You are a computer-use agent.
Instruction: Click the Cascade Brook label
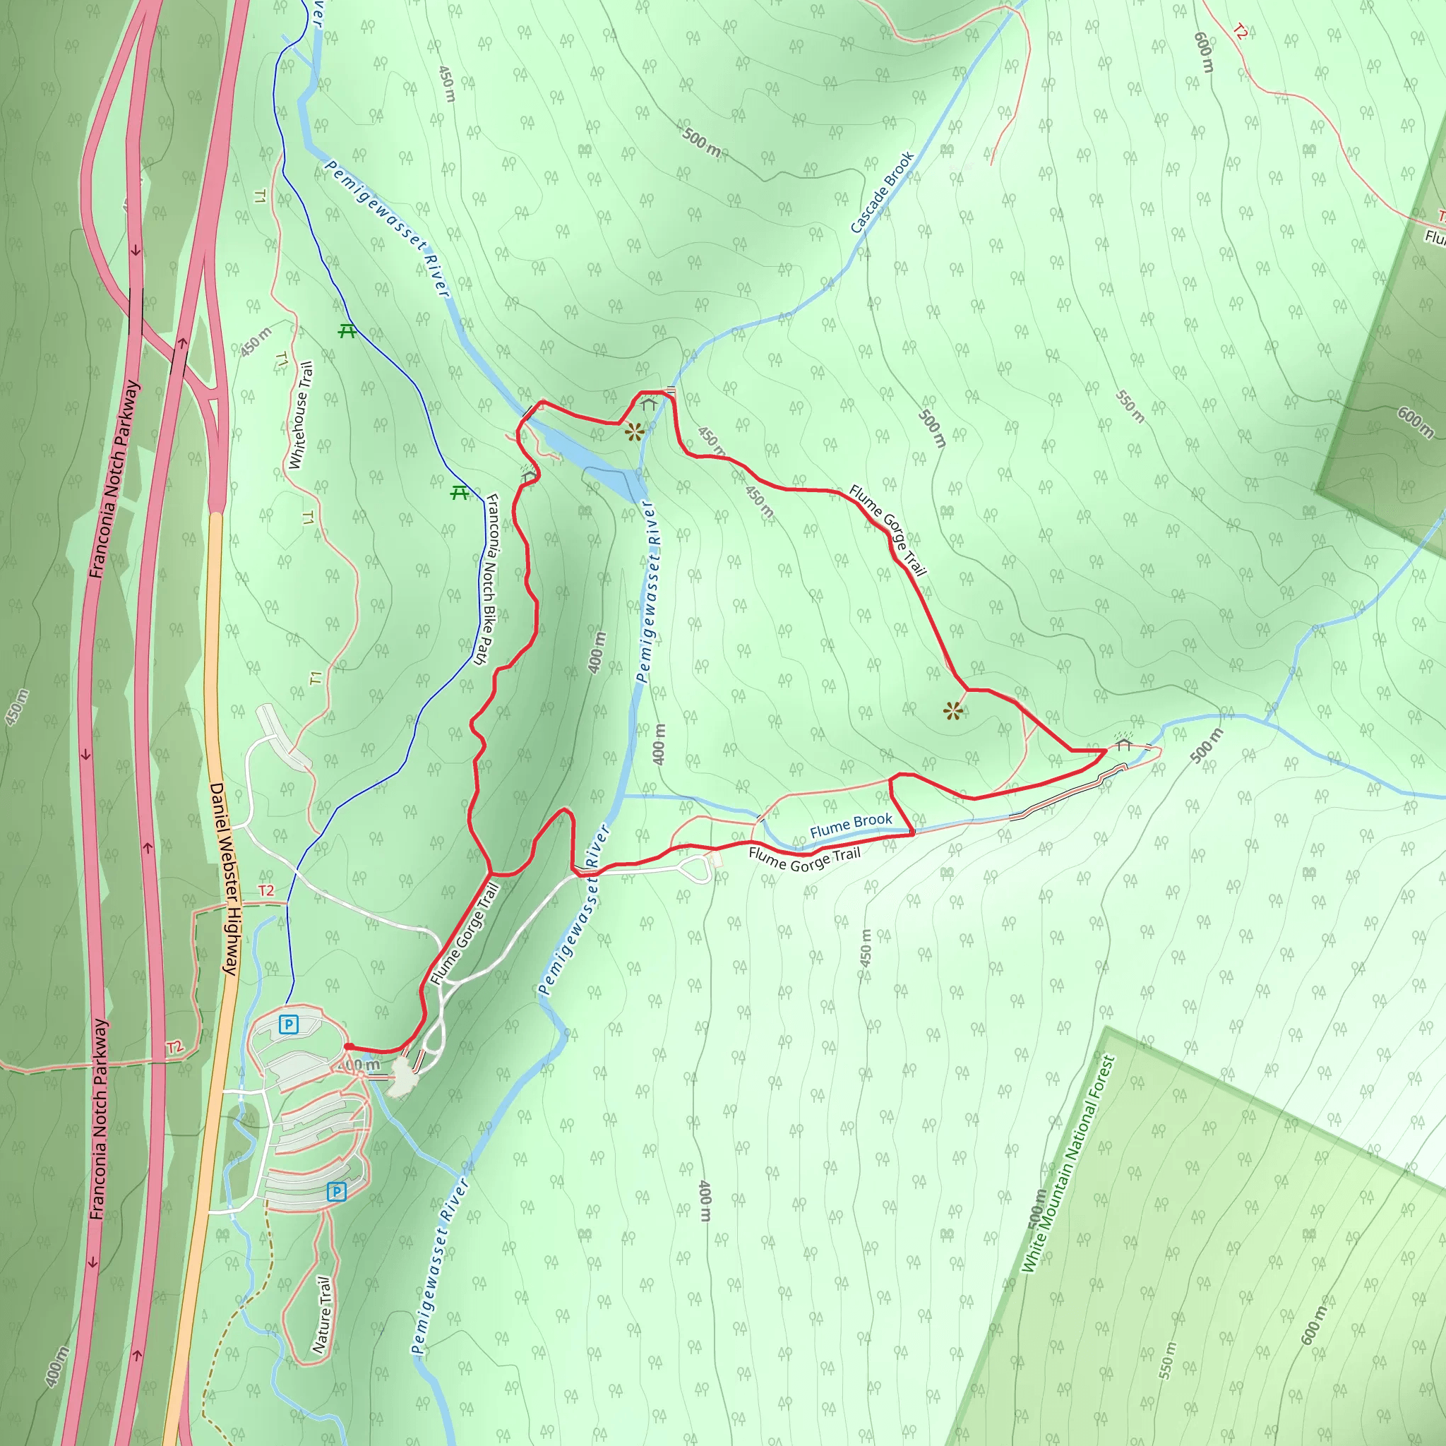coord(883,192)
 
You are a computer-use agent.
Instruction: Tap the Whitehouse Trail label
coord(300,415)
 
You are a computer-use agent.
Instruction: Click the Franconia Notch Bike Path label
coord(488,578)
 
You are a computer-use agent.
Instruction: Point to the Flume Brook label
coord(851,825)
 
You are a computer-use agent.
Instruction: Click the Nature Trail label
coord(323,1314)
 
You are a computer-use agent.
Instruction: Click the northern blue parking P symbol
coord(288,1024)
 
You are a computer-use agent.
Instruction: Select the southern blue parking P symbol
coord(337,1192)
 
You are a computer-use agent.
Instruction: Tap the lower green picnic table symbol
coord(460,493)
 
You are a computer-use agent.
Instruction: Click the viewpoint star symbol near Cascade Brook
coord(634,432)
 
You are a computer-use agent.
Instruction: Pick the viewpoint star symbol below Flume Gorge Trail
coord(952,710)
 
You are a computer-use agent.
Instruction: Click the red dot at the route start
coord(349,1046)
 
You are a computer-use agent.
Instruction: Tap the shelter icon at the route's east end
coord(1123,744)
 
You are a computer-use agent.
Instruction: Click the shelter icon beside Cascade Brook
coord(648,404)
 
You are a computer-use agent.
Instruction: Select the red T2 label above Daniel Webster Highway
coord(266,890)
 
